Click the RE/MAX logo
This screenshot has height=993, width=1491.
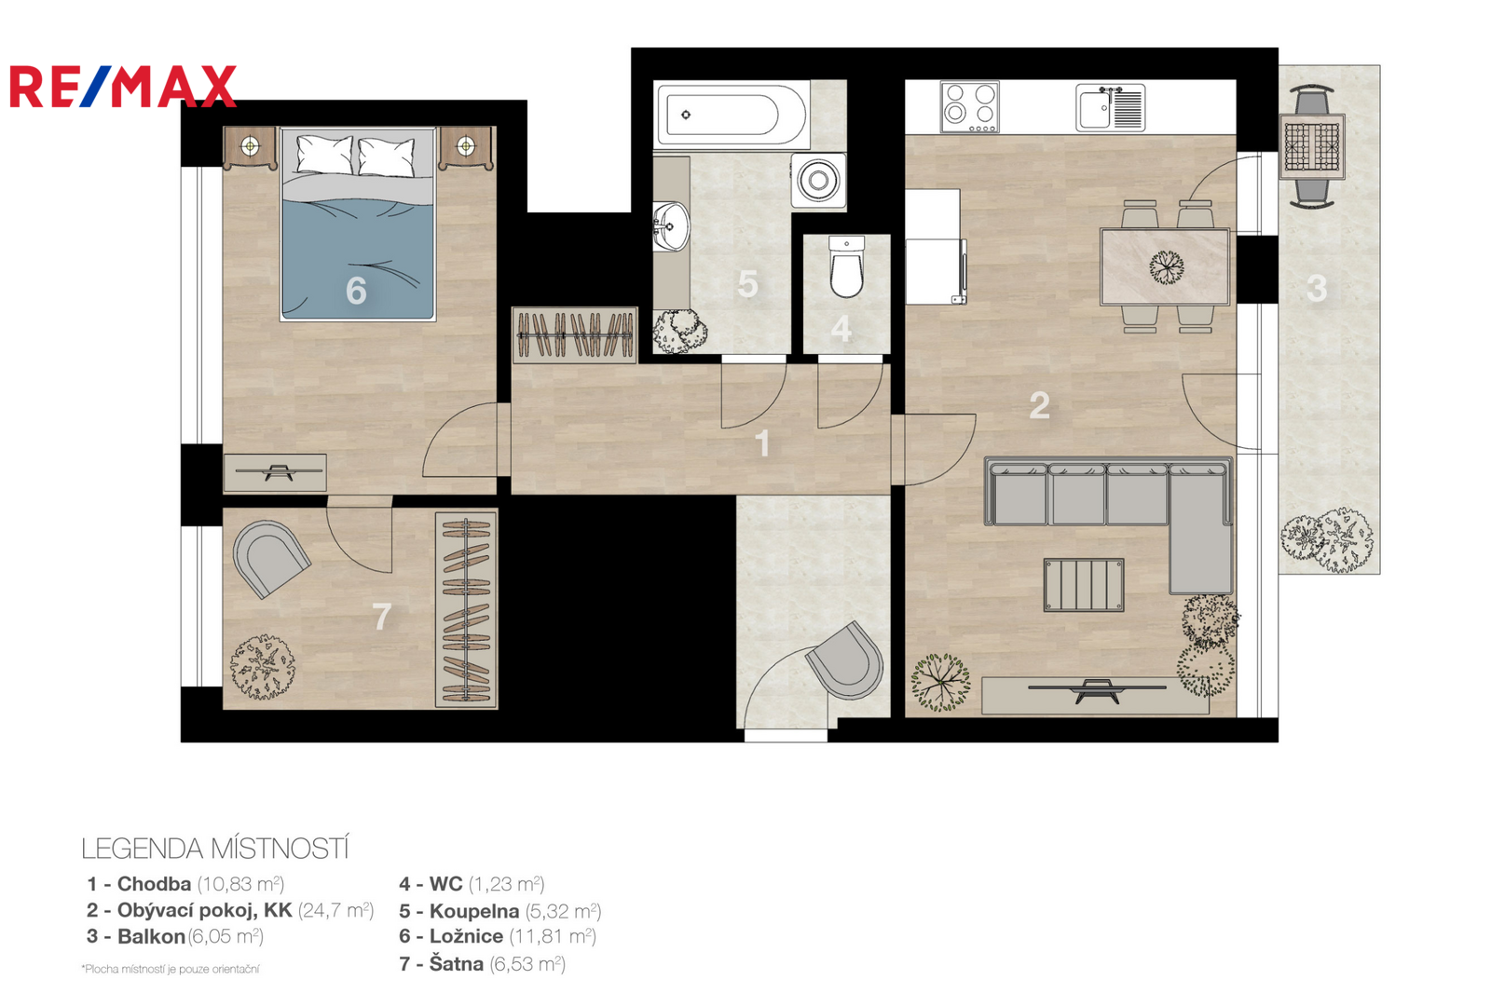(x=123, y=86)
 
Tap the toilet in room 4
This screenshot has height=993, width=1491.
(x=847, y=267)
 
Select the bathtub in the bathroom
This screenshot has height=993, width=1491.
(x=732, y=115)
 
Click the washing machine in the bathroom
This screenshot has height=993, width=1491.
(x=819, y=180)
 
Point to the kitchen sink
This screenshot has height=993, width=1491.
(x=1110, y=107)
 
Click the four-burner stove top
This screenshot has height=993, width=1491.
(x=970, y=107)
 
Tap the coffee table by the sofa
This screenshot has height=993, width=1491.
(x=1084, y=585)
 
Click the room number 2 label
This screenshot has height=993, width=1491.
(x=1039, y=405)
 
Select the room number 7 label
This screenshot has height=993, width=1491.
(x=381, y=617)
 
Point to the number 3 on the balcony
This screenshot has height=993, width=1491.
(x=1317, y=289)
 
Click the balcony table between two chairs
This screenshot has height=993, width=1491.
(x=1312, y=146)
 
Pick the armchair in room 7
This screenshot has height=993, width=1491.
(x=269, y=558)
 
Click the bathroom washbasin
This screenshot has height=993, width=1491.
(x=671, y=225)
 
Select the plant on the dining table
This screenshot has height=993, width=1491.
(x=1166, y=267)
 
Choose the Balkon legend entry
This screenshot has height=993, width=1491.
(x=175, y=936)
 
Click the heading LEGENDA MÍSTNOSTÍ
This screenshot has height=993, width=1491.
(x=215, y=849)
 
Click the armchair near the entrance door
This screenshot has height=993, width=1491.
(x=844, y=660)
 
